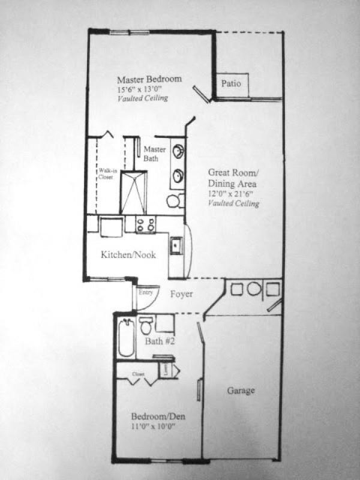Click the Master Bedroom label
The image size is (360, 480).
tap(149, 79)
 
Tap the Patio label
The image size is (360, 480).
tap(231, 83)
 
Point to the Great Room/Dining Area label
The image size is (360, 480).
tap(233, 177)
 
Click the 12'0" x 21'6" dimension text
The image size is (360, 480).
tap(233, 194)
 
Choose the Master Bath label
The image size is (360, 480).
tap(154, 154)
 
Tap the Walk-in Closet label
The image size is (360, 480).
tap(106, 173)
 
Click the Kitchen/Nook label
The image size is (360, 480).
tap(128, 255)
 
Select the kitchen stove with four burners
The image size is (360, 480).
tap(145, 224)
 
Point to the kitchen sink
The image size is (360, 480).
tap(176, 245)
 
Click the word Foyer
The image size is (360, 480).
tap(181, 294)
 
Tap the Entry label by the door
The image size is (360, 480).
tap(146, 292)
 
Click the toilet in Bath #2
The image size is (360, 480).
tap(145, 326)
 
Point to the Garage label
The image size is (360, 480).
tap(241, 391)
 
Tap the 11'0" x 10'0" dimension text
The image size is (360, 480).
tap(156, 427)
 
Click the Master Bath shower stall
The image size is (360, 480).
tap(133, 192)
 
